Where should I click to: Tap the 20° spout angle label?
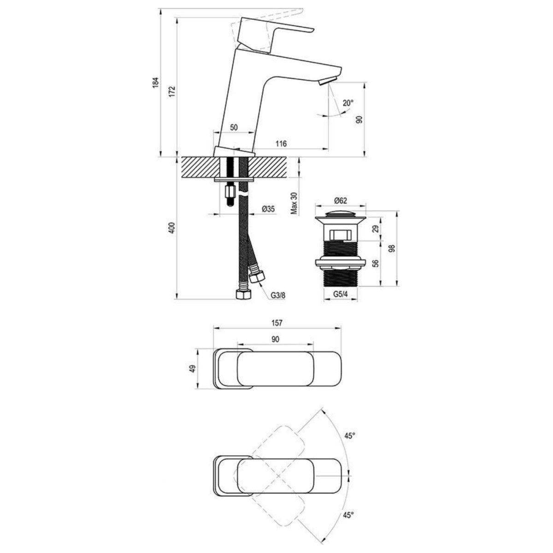[x=348, y=103]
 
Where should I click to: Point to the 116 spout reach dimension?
[x=281, y=144]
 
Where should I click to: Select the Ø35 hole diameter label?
[x=268, y=209]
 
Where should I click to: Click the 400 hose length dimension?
[x=172, y=229]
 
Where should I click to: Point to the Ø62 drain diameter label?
[x=341, y=200]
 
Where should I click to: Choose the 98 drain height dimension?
[x=392, y=249]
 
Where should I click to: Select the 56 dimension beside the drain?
[x=375, y=263]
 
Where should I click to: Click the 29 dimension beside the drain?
[x=375, y=229]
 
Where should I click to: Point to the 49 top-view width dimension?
[x=193, y=369]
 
